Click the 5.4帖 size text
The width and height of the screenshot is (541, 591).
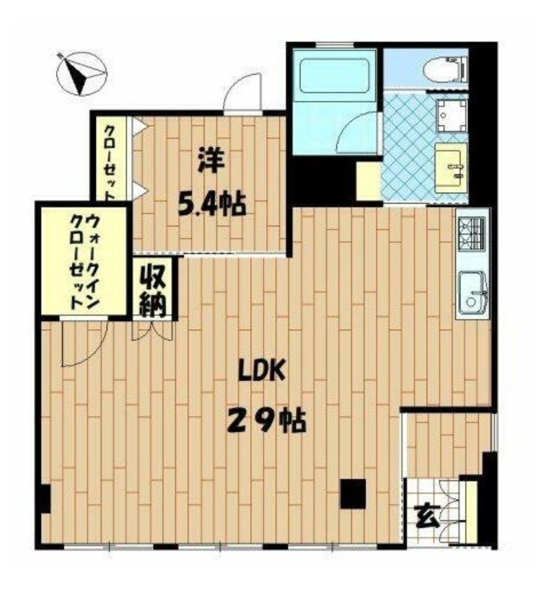tap(211, 204)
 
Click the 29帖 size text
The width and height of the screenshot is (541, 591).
tap(266, 419)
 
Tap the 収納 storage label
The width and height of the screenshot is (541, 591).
tap(154, 290)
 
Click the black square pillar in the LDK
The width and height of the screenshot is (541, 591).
tap(353, 494)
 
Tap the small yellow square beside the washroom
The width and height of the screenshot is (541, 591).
tap(368, 180)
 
